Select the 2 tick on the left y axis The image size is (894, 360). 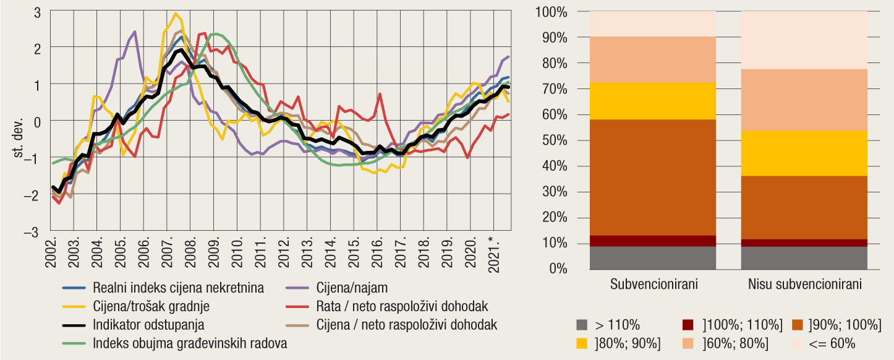coord(37,48)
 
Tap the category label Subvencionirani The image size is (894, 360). coord(653,285)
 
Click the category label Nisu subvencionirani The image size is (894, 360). coord(804,285)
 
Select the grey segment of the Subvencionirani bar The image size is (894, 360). coord(653,258)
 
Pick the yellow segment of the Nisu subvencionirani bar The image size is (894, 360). coord(804,153)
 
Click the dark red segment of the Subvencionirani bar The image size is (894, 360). coord(653,241)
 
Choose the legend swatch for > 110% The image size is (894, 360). coord(581,325)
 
